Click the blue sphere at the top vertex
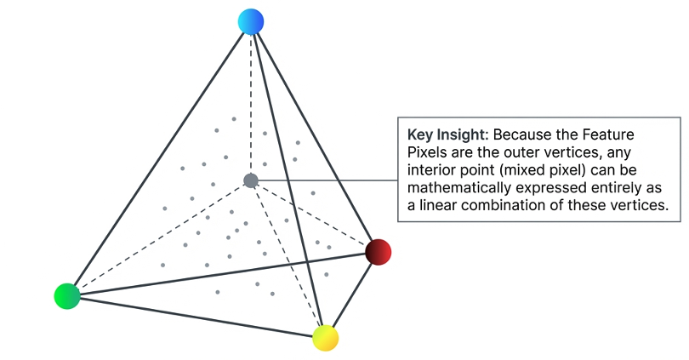tap(251, 22)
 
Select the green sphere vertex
tap(66, 295)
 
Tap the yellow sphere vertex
tap(325, 338)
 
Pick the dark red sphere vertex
tap(378, 252)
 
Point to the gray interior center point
tap(250, 180)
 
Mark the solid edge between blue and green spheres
tap(158, 159)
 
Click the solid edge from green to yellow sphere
tap(196, 317)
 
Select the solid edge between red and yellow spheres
tap(351, 295)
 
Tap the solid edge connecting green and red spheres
tap(221, 274)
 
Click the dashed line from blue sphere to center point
tap(250, 102)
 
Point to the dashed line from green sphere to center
tap(158, 238)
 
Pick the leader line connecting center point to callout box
tap(327, 180)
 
